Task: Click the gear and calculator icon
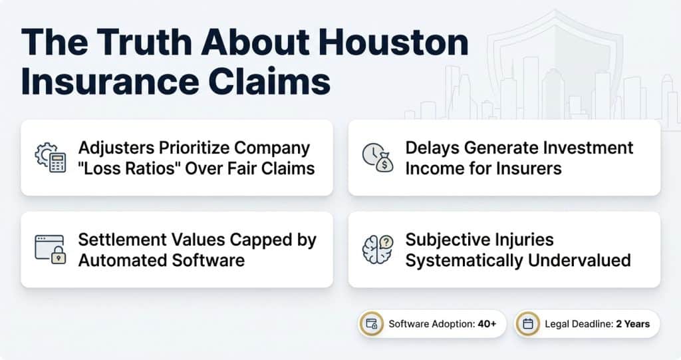(x=51, y=158)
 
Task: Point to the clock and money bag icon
(x=378, y=158)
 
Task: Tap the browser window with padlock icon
(x=51, y=250)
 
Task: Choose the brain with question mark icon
(x=378, y=250)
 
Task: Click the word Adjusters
(x=116, y=148)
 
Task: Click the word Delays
(x=432, y=148)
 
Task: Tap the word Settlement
(x=122, y=240)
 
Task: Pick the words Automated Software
(x=162, y=261)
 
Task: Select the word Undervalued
(x=579, y=261)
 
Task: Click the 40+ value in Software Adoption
(x=487, y=324)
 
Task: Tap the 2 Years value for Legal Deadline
(x=633, y=324)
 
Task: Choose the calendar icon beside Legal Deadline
(x=527, y=324)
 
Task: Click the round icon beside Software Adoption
(x=371, y=324)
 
